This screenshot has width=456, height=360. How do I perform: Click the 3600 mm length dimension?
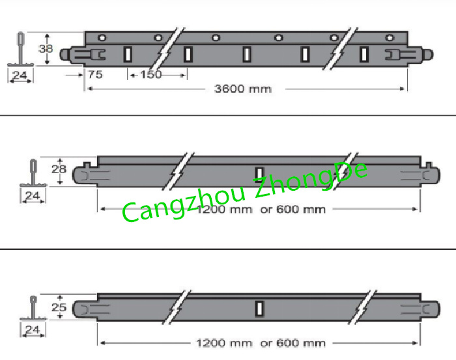pyautogui.click(x=242, y=89)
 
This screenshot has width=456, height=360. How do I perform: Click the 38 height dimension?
pyautogui.click(x=46, y=48)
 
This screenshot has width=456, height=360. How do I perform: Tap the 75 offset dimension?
pyautogui.click(x=94, y=74)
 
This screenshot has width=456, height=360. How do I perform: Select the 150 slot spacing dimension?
pyautogui.click(x=151, y=74)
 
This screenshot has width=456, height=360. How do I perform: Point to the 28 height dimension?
pyautogui.click(x=59, y=169)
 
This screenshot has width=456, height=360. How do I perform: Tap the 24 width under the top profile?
pyautogui.click(x=20, y=76)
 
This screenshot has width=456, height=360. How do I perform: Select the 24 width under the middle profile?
pyautogui.click(x=33, y=195)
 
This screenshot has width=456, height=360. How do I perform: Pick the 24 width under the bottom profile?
pyautogui.click(x=31, y=331)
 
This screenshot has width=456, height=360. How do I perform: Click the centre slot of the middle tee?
pyautogui.click(x=259, y=173)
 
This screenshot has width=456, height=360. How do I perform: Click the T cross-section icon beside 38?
pyautogui.click(x=20, y=49)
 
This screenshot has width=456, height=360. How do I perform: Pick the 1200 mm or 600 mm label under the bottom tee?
pyautogui.click(x=261, y=343)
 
